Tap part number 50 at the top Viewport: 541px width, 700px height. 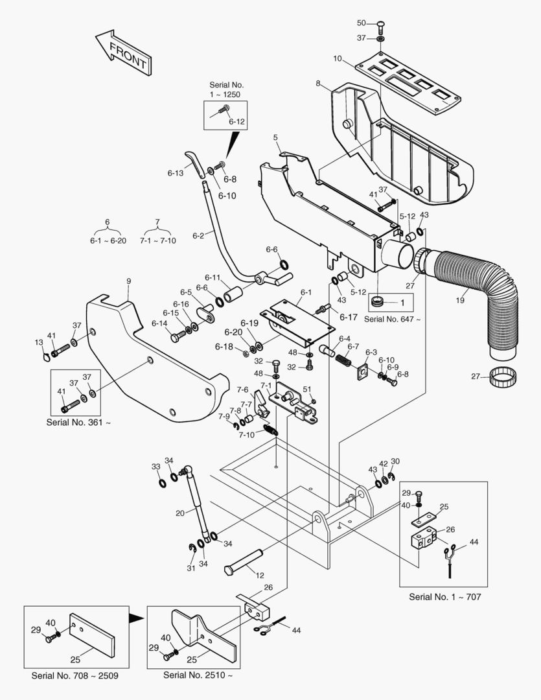tap(362, 23)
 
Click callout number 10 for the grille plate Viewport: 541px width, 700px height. tap(338, 58)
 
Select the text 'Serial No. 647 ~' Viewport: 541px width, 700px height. tap(393, 319)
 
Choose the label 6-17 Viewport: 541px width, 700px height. tap(348, 318)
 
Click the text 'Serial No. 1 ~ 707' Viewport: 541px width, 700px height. tap(445, 597)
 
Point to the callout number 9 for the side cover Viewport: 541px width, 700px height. tap(128, 281)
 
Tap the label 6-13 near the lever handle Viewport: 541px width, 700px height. tap(176, 173)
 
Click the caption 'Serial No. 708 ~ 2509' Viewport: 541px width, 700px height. tap(75, 675)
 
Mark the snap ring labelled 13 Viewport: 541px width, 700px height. tap(46, 356)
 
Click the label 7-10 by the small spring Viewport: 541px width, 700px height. tap(246, 435)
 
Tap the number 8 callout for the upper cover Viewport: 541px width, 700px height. tap(318, 84)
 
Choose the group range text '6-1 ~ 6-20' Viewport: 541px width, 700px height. tap(108, 240)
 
